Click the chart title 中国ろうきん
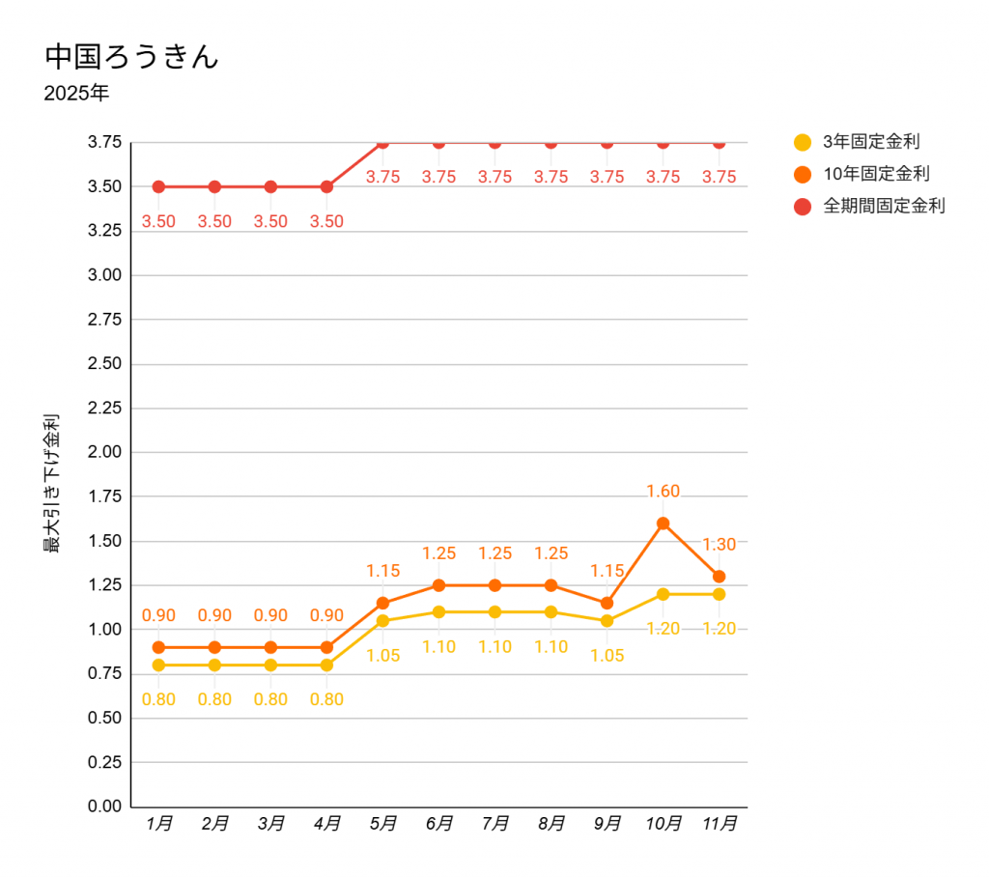coord(131,56)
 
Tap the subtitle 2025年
coord(76,95)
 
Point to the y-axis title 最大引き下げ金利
coord(52,483)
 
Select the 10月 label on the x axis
coord(664,824)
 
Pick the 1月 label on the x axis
coord(159,824)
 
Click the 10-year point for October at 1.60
coord(664,523)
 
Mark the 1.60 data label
coord(664,491)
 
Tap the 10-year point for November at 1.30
coord(720,577)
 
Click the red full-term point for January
coord(158,186)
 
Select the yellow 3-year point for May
coord(382,621)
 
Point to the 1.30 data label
coord(720,544)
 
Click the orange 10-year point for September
coord(608,603)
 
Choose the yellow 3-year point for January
coord(158,665)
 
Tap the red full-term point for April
coord(326,186)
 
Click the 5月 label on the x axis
coord(383,824)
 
